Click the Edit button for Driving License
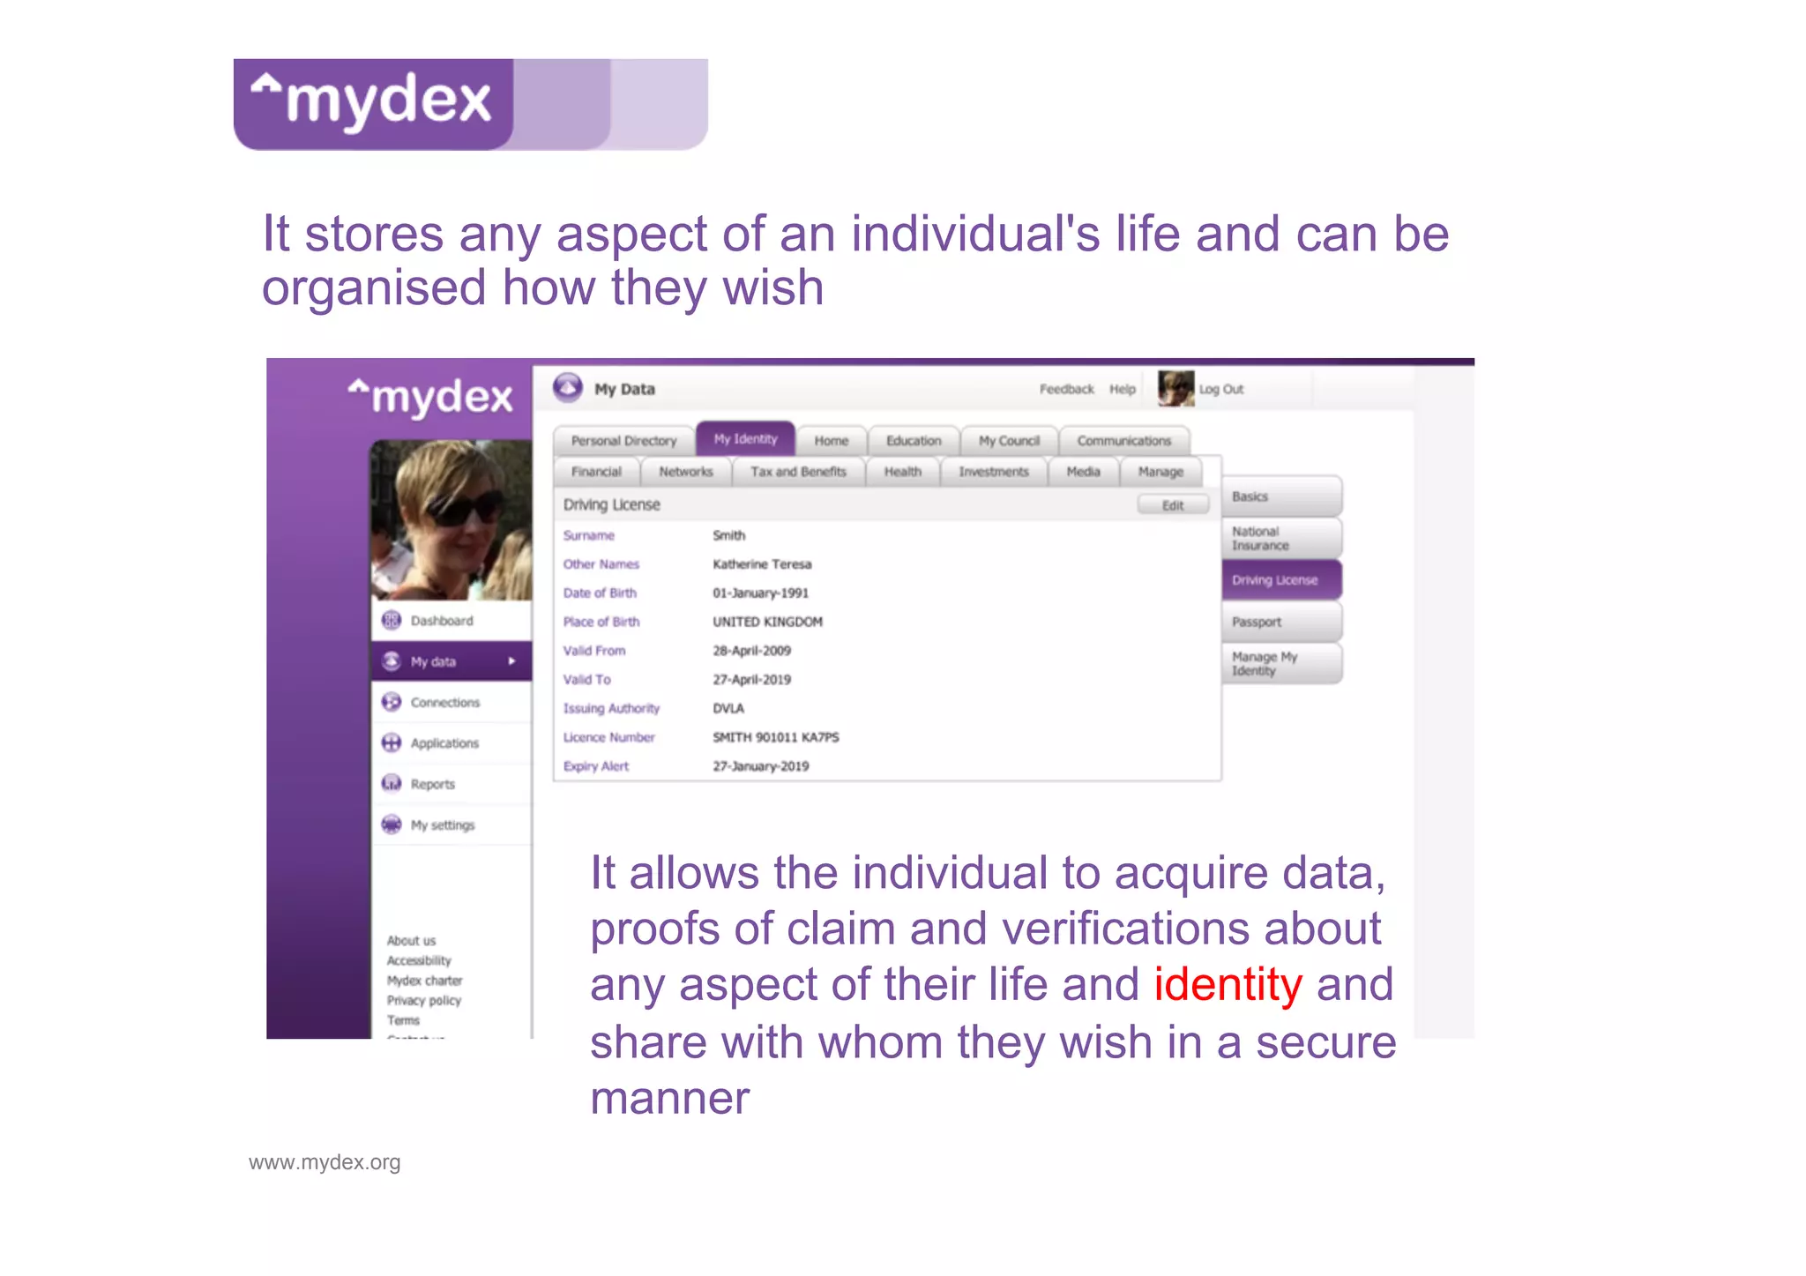click(1172, 505)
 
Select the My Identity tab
click(745, 439)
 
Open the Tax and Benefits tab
click(798, 472)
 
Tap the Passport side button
click(1280, 622)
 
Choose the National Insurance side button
click(1280, 538)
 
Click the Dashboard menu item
click(441, 621)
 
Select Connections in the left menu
click(444, 703)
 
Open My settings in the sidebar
click(442, 825)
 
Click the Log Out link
click(1221, 389)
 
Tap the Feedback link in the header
click(1066, 389)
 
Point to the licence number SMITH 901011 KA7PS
click(776, 737)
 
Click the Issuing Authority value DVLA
click(728, 708)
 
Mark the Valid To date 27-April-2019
click(751, 680)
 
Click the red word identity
click(1228, 985)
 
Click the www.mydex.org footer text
click(325, 1162)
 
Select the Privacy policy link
click(424, 1001)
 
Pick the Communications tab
click(1123, 441)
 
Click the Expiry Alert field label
click(596, 766)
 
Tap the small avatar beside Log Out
click(1175, 389)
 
